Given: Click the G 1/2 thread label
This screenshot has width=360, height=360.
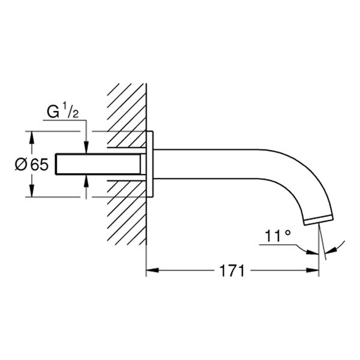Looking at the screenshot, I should click(62, 111).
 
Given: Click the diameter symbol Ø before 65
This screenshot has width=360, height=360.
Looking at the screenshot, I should click(20, 164).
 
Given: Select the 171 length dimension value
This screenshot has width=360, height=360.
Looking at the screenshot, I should click(232, 271).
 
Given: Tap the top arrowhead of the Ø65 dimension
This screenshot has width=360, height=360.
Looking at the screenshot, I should click(32, 136).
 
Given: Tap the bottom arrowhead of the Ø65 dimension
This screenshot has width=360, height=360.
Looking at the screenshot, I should click(32, 192).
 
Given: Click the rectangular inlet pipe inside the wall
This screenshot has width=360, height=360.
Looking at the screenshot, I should click(99, 164).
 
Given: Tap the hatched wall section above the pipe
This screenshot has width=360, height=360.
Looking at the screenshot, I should click(127, 108).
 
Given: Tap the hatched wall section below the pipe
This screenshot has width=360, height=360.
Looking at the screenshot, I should click(127, 216).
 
